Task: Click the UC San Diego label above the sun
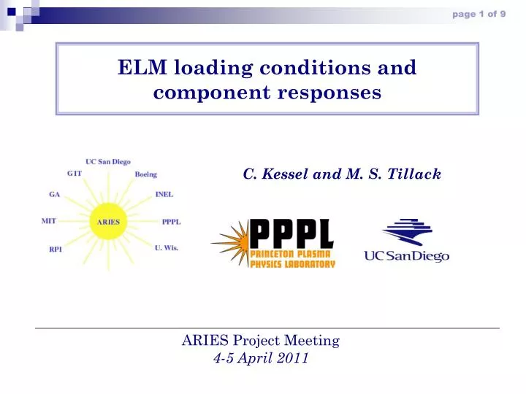click(x=108, y=161)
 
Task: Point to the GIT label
click(x=74, y=173)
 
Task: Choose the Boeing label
click(x=145, y=174)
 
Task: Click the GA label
click(x=54, y=195)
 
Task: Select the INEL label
click(x=164, y=195)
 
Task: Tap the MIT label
click(x=50, y=220)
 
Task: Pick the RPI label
click(x=55, y=250)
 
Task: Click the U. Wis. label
click(x=167, y=247)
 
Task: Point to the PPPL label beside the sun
click(x=171, y=221)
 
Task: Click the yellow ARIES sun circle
click(x=108, y=221)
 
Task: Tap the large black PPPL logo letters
click(x=291, y=233)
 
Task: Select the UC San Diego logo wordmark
click(x=406, y=255)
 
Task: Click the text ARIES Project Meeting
click(x=261, y=340)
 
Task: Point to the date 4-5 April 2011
click(x=261, y=358)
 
